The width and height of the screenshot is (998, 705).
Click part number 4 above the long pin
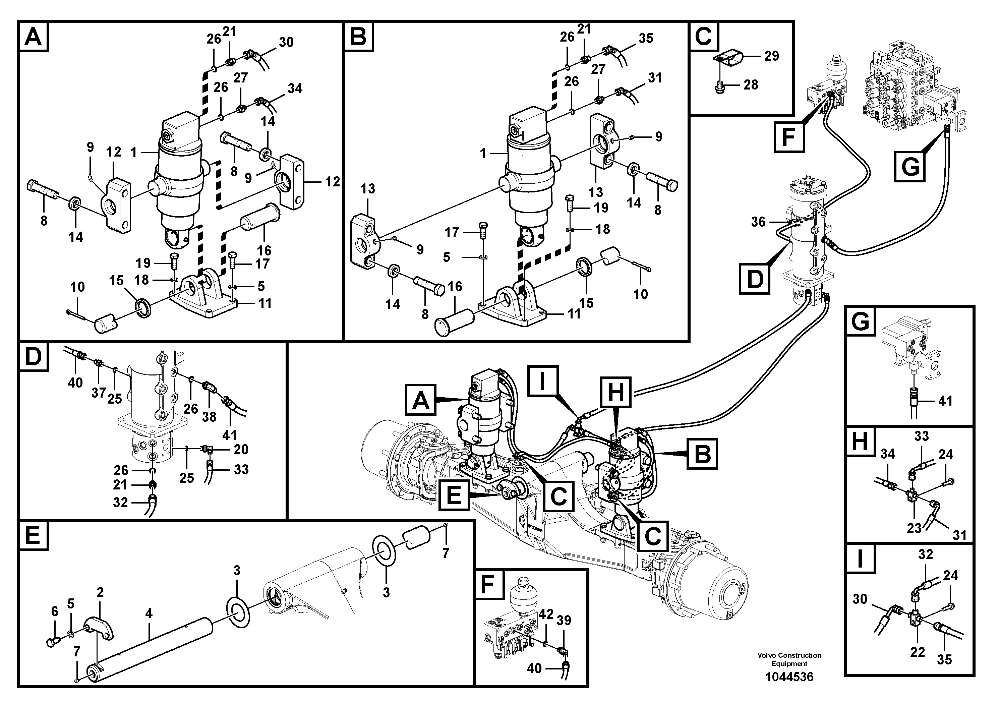click(149, 614)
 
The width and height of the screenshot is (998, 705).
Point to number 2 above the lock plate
click(100, 592)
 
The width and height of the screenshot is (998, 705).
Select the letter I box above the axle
click(542, 381)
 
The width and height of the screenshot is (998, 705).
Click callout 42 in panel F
click(546, 614)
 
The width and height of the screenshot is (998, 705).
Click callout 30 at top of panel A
click(286, 42)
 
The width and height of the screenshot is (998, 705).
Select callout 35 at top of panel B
click(646, 38)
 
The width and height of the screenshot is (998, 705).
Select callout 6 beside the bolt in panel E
click(54, 611)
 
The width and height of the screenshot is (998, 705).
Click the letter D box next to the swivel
click(755, 279)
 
